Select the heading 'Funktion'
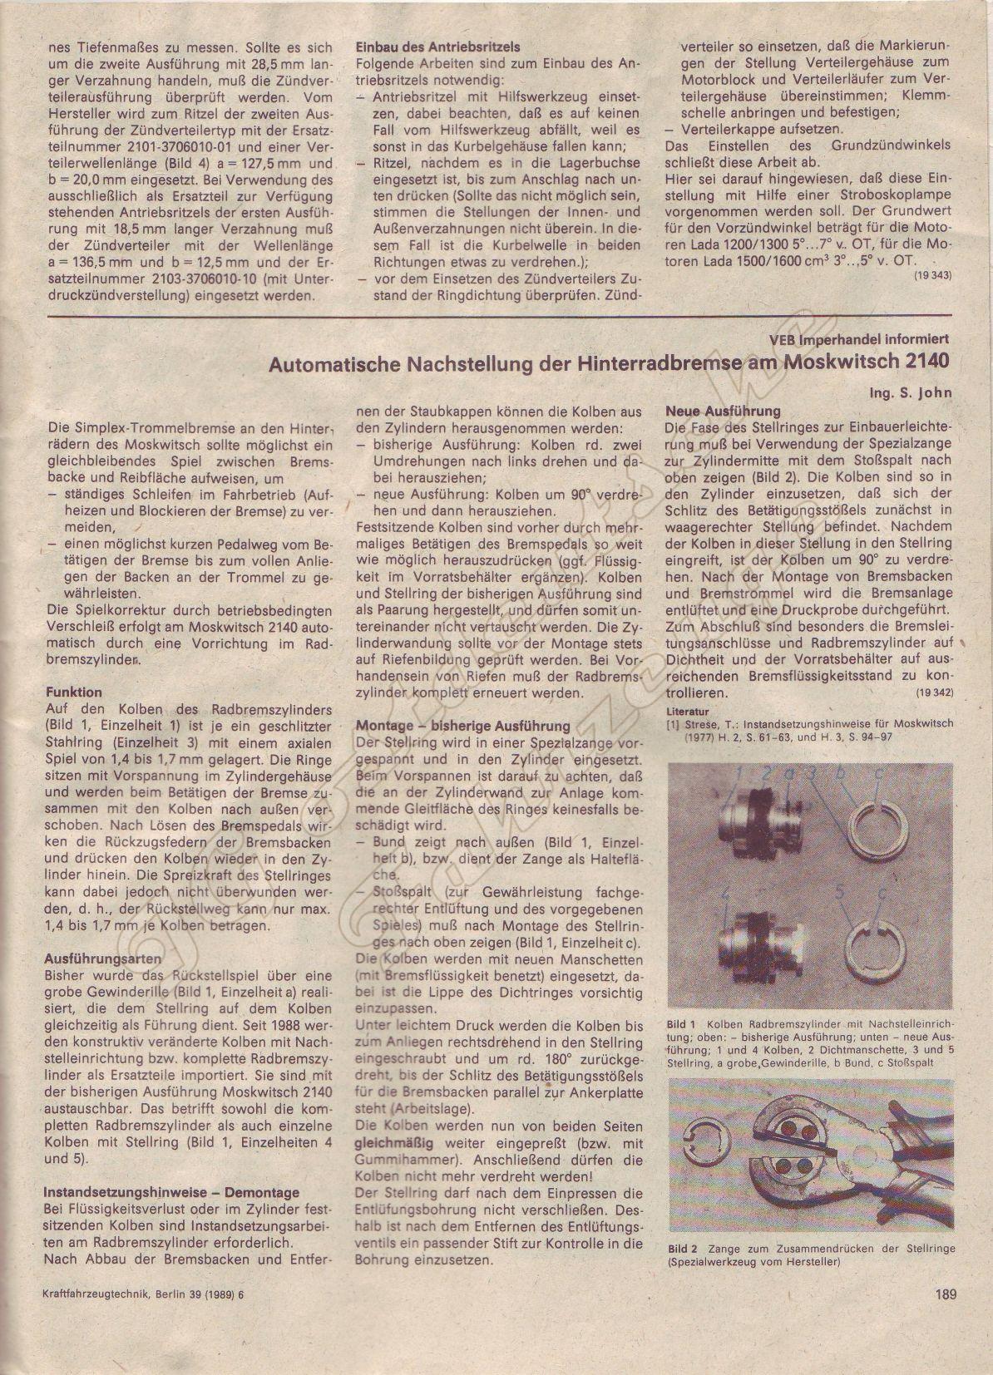[73, 692]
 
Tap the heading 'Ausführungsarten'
[102, 958]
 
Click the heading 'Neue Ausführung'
[724, 411]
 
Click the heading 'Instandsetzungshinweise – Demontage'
[171, 1192]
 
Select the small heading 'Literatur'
[687, 712]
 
